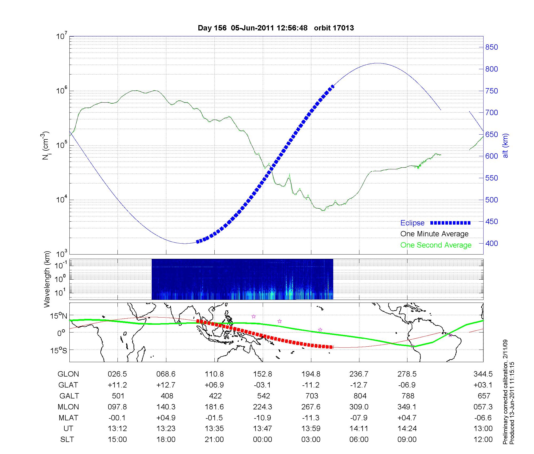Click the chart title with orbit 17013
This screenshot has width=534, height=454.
click(276, 28)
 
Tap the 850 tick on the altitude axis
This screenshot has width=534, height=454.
click(492, 47)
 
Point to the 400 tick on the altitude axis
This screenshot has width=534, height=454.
click(492, 243)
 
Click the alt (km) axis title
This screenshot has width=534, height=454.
click(505, 146)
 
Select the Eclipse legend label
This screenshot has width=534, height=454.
click(412, 223)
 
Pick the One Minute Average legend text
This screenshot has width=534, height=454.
click(434, 234)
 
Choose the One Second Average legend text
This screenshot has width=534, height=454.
click(436, 245)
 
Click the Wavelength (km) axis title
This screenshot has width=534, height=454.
click(47, 279)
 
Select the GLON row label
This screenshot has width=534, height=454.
click(68, 374)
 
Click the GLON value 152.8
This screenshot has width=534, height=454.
click(262, 374)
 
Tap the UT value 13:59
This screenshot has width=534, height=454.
click(311, 429)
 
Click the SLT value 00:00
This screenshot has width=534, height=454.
click(262, 440)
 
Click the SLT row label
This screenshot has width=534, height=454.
click(67, 440)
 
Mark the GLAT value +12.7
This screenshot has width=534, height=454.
click(166, 385)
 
